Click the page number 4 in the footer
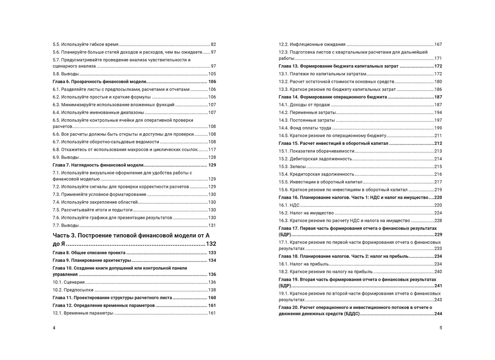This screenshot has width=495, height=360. (54, 328)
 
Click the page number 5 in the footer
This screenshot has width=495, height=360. (441, 328)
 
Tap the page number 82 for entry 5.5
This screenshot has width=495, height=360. (213, 44)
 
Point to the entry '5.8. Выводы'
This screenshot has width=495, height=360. (66, 74)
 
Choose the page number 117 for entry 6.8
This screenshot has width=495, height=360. (212, 149)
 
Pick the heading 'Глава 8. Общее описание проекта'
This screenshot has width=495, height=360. (89, 253)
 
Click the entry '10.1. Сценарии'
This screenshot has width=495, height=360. (68, 282)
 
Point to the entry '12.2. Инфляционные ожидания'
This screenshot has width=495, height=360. (312, 44)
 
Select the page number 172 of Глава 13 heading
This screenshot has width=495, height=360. (438, 66)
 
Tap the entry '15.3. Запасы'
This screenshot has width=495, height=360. (292, 167)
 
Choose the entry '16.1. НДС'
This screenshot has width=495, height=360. (289, 205)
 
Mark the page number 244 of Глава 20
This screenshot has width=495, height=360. (438, 314)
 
